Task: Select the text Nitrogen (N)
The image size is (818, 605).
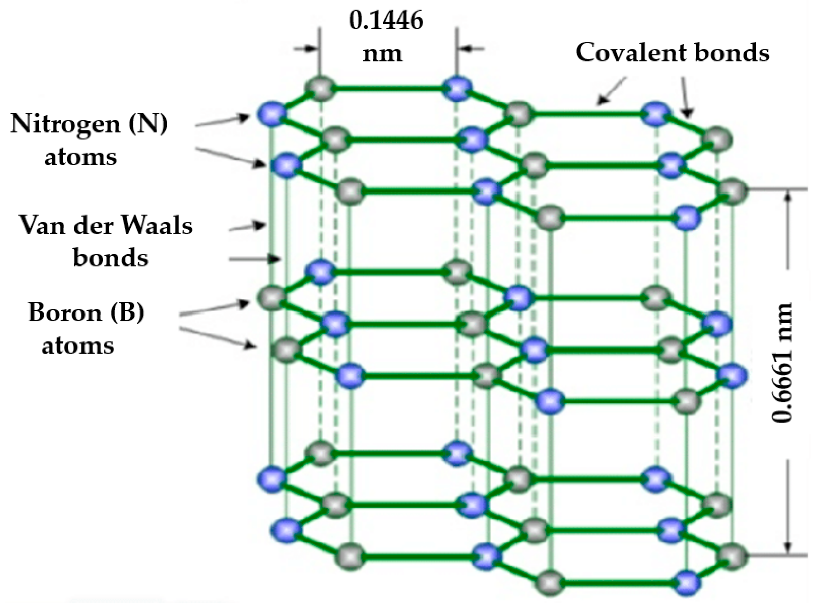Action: (x=89, y=124)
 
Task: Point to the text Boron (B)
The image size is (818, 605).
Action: (x=87, y=313)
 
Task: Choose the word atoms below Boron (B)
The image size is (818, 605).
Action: (x=78, y=345)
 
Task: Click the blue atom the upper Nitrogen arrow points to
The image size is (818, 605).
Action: (x=272, y=114)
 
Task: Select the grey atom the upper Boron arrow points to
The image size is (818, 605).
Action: (x=272, y=297)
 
